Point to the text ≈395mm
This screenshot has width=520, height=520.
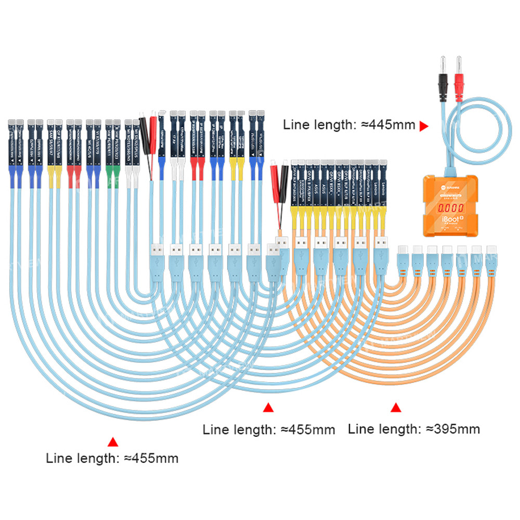[452, 429]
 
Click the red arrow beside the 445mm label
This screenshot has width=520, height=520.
[424, 125]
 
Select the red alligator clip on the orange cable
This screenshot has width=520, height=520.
[274, 179]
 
